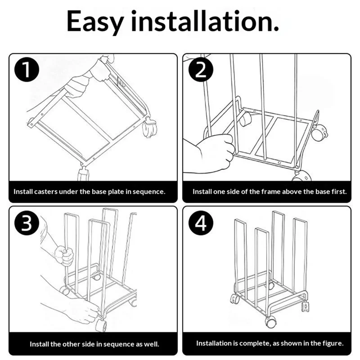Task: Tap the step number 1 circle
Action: pos(27,70)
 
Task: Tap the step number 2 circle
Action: pos(201,70)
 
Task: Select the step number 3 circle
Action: pos(27,223)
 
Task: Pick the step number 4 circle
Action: pos(201,223)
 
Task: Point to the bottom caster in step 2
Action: pos(301,176)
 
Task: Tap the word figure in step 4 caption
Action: pos(332,344)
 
